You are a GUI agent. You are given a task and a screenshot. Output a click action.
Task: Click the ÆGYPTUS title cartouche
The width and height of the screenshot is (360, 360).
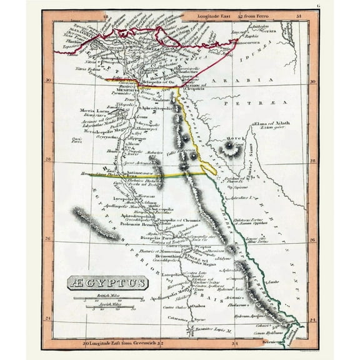pos(107,283)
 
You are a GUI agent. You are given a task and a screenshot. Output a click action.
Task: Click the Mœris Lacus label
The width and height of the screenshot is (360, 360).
pos(94,111)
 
